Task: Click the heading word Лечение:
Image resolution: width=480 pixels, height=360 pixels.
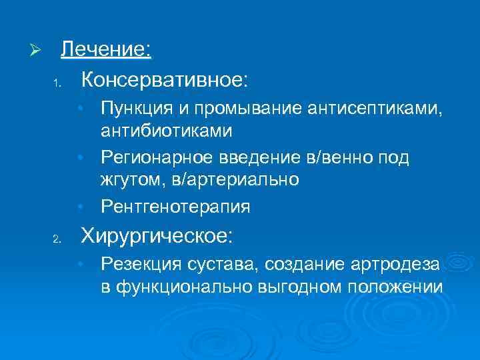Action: (107, 50)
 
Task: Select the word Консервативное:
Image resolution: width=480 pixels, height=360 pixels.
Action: (164, 81)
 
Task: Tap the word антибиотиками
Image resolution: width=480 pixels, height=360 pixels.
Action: (167, 130)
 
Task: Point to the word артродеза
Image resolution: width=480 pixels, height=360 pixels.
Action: (401, 264)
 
